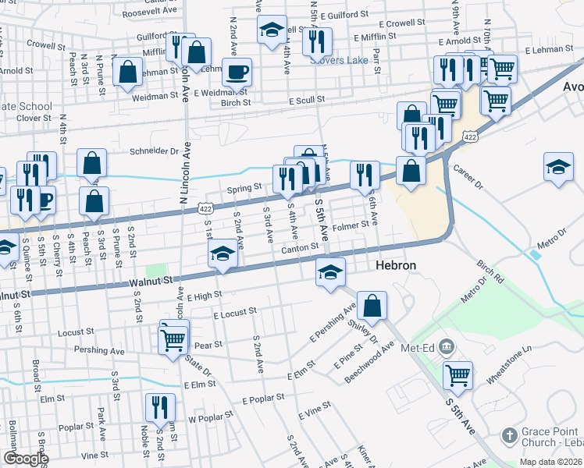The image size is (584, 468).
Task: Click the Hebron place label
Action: tap(396, 266)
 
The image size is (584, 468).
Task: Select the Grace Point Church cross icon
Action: tap(508, 434)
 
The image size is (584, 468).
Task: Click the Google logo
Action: tap(26, 459)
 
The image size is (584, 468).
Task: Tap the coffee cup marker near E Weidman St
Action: tap(237, 73)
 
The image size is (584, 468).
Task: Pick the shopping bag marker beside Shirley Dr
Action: tap(374, 307)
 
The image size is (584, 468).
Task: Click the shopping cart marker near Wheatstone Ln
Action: tap(458, 374)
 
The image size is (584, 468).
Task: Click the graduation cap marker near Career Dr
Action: tap(558, 168)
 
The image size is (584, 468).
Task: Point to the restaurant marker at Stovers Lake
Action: tap(317, 41)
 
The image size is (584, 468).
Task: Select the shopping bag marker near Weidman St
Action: tap(127, 73)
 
